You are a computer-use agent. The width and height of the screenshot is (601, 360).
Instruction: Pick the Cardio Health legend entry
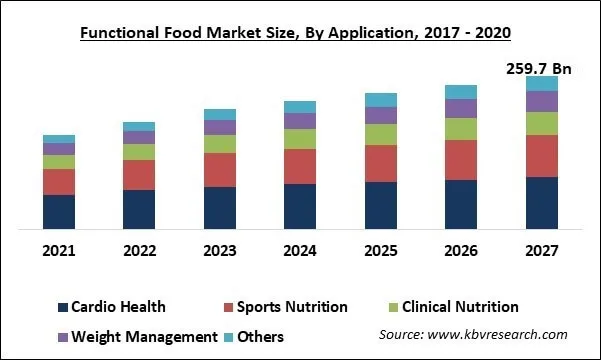pos(111,307)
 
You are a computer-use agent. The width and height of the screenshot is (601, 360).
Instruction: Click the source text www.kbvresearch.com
pos(473,335)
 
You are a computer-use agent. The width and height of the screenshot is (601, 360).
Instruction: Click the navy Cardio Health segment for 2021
pos(59,211)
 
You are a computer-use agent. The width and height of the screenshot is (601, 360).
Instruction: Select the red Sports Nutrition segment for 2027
pos(542,155)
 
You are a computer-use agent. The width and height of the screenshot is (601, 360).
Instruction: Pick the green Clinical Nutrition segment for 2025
pos(381,134)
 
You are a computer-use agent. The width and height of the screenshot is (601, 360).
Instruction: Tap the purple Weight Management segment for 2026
pos(461,108)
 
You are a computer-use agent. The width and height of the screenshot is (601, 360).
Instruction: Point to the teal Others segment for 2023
pos(220,114)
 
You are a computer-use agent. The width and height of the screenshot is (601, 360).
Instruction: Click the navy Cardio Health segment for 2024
pos(300,206)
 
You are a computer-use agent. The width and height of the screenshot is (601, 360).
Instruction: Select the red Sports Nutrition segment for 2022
pos(139,174)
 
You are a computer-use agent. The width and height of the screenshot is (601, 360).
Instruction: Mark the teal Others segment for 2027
pos(542,83)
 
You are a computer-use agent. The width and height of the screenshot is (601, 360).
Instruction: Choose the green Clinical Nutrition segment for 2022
pos(139,152)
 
